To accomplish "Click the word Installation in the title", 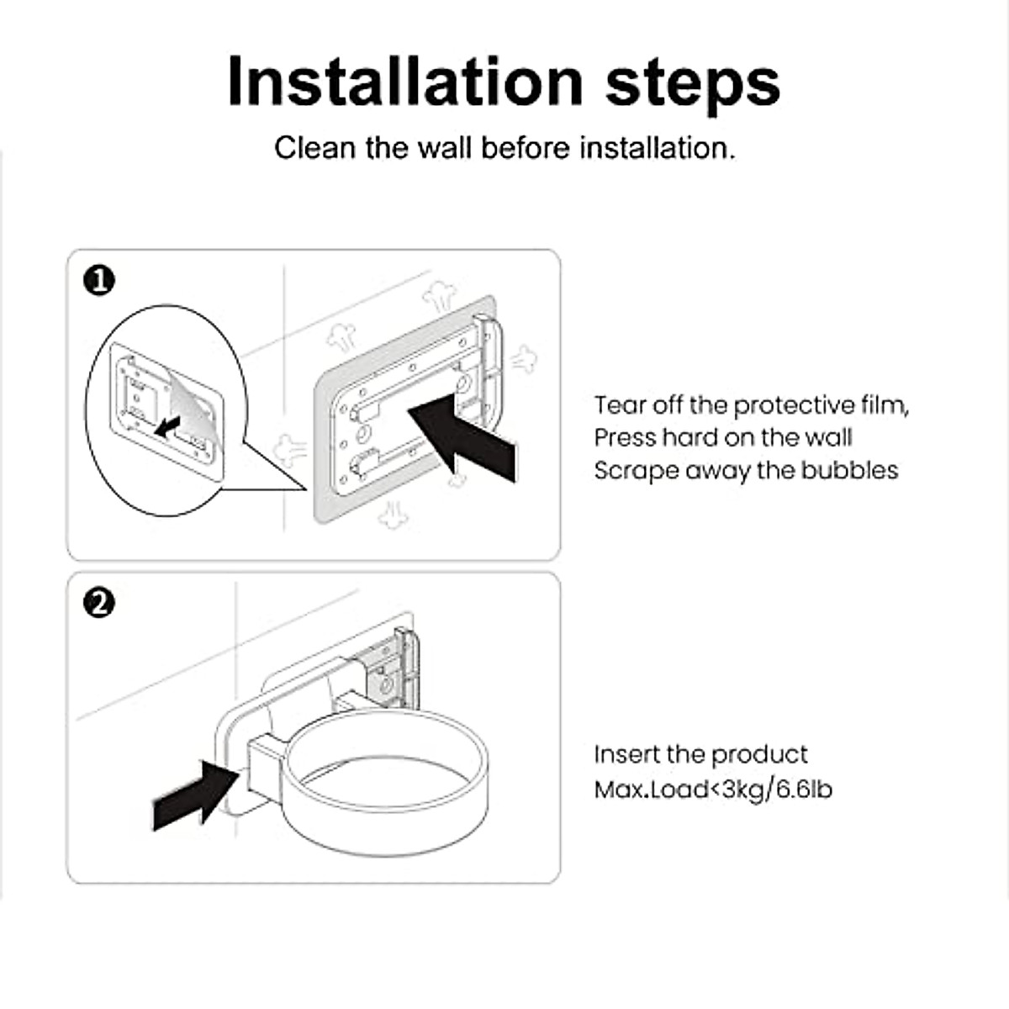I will [x=404, y=82].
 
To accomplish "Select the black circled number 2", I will [x=99, y=603].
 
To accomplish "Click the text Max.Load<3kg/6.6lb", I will [x=712, y=790].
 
